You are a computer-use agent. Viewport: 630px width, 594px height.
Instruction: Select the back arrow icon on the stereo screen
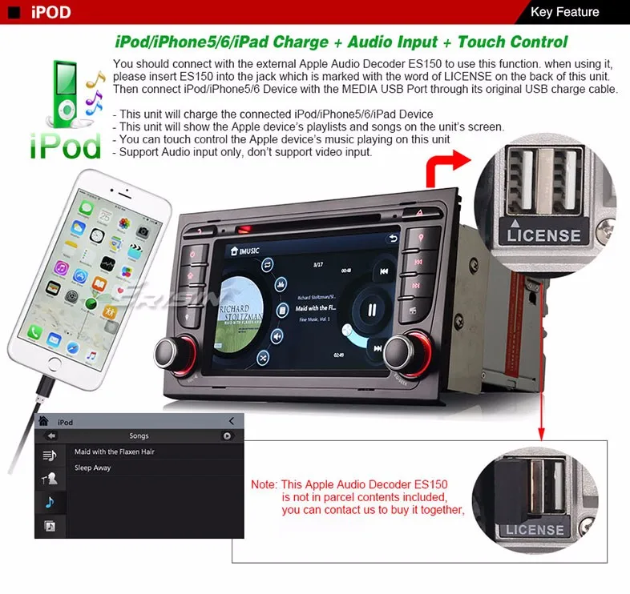(393, 238)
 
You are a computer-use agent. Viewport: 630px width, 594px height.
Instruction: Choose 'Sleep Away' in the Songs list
(93, 468)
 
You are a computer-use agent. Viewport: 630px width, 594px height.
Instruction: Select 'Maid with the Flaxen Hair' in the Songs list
(115, 452)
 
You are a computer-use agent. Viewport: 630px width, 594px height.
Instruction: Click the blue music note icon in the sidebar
(50, 502)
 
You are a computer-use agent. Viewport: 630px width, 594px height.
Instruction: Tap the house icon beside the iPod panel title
(43, 422)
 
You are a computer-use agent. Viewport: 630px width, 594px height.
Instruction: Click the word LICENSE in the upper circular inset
(543, 235)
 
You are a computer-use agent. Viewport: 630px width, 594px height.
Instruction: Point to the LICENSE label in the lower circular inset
(534, 530)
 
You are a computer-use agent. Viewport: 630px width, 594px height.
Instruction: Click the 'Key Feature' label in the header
(565, 12)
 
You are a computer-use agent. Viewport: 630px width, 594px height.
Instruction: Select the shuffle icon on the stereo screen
(264, 358)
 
